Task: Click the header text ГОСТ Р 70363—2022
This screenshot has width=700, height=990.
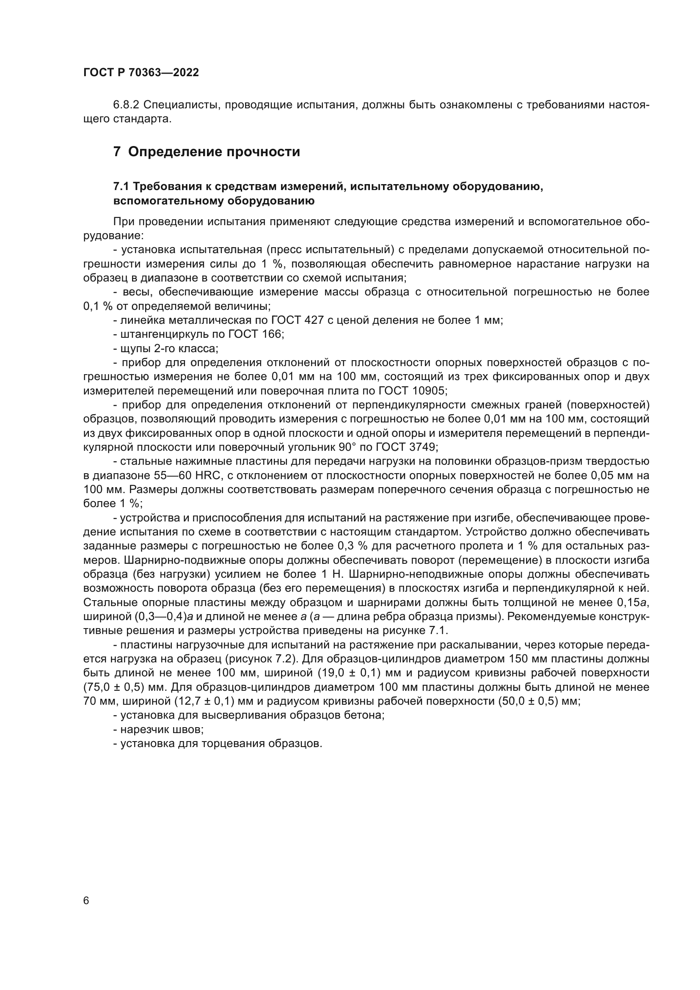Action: (x=141, y=72)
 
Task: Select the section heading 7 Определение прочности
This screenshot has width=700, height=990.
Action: (x=207, y=152)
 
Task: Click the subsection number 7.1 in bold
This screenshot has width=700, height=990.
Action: (x=121, y=186)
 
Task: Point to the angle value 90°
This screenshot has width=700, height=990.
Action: (x=351, y=447)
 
